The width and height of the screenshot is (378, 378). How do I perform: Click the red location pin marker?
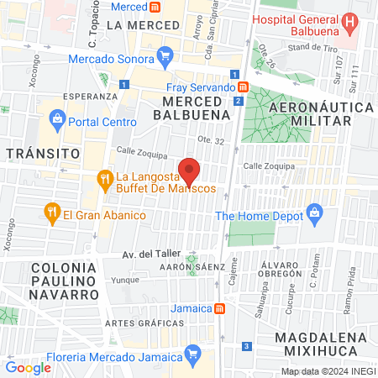190,171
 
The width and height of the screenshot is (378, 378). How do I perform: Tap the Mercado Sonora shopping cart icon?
165,59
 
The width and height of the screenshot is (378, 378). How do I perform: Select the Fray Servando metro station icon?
243,87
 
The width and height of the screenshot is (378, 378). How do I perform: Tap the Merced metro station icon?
155,7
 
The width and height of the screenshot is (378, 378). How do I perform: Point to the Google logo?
28,367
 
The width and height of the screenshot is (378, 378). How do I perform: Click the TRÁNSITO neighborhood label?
42,153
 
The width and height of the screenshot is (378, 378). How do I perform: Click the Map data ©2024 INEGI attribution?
328,371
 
